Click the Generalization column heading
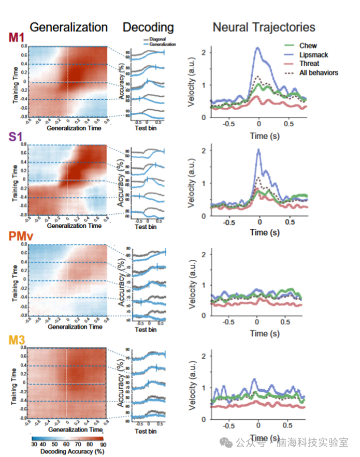point(68,27)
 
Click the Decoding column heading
point(148,27)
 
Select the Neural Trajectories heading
point(264,27)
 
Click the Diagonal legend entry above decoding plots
point(159,39)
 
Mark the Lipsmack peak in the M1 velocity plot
point(257,48)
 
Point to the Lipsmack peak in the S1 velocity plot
point(258,150)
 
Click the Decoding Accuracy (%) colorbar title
point(68,451)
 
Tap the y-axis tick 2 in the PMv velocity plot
point(204,254)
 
